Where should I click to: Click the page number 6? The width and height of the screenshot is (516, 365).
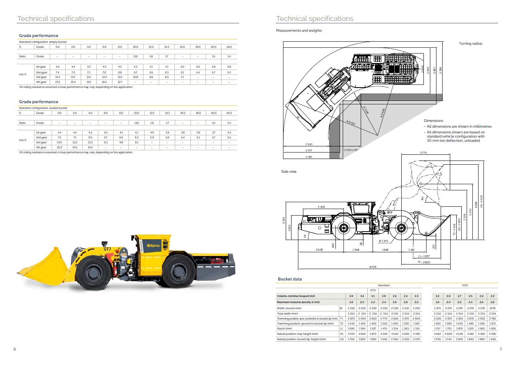15,349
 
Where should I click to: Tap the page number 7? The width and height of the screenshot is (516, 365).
500,349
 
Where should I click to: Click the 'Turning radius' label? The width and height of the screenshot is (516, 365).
470,44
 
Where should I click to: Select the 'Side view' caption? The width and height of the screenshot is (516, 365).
289,172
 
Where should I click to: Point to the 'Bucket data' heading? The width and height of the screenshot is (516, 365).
290,279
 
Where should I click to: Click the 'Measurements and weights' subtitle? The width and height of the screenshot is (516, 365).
299,31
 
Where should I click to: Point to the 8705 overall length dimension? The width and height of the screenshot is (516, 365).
373,267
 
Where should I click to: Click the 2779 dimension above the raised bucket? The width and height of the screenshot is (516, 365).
423,152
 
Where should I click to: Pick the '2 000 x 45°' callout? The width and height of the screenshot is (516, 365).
351,150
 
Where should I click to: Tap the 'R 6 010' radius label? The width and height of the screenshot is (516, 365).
351,123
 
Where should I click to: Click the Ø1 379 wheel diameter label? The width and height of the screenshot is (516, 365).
383,241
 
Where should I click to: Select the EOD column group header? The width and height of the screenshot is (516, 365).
465,286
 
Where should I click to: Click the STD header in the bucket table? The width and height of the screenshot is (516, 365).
373,290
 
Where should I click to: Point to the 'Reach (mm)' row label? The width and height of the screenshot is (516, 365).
284,329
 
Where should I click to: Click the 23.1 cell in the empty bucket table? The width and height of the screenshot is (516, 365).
57,82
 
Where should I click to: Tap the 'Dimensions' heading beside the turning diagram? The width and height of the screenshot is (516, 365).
433,121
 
